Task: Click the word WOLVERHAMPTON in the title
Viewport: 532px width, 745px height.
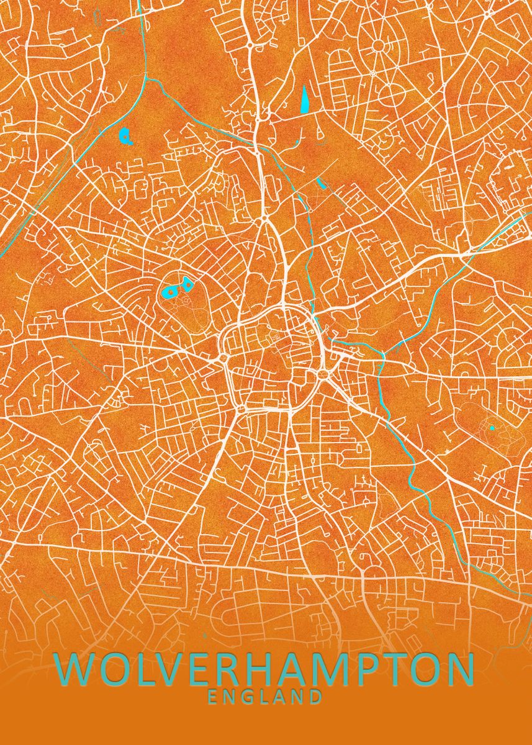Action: click(x=265, y=669)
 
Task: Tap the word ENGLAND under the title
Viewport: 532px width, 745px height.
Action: click(x=265, y=697)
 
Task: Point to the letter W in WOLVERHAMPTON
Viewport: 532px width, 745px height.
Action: click(x=75, y=669)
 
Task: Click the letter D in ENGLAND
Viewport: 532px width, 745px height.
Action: click(x=315, y=697)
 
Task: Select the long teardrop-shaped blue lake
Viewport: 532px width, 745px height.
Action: click(x=305, y=99)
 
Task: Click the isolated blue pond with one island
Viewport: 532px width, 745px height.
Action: click(x=126, y=136)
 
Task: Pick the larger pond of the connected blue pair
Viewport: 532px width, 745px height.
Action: click(x=169, y=291)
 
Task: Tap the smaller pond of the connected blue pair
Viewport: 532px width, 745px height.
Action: click(x=186, y=286)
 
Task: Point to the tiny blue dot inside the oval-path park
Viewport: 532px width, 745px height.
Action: click(x=492, y=428)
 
